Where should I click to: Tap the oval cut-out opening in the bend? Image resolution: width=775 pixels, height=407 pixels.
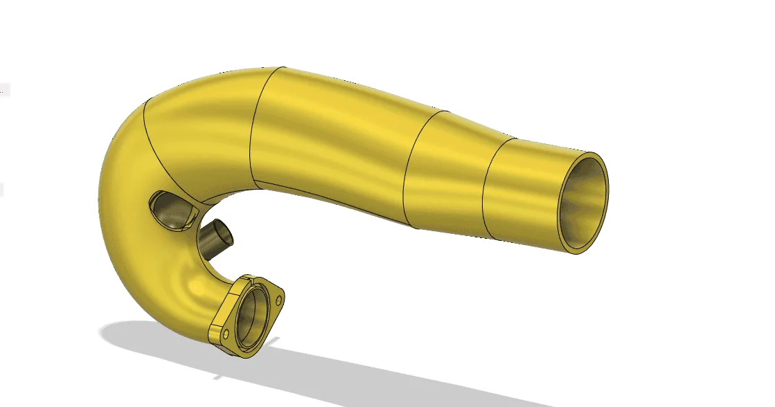[x=170, y=212]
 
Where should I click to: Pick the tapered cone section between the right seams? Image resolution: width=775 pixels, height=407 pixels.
[x=450, y=173]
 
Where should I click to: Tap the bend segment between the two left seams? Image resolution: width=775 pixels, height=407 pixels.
[x=201, y=125]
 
